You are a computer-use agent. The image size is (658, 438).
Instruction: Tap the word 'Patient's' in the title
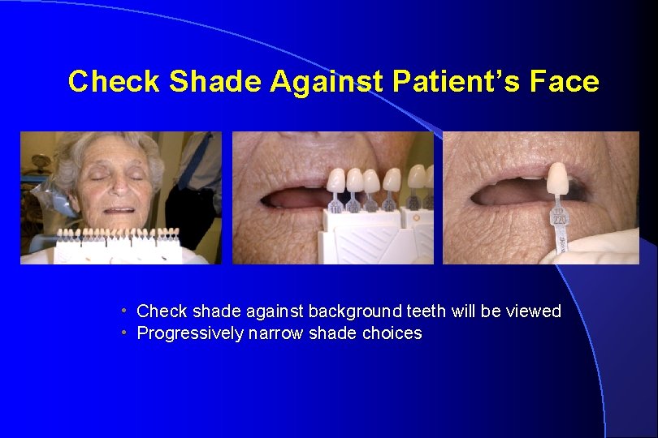455,82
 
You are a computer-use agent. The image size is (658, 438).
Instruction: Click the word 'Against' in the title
327,82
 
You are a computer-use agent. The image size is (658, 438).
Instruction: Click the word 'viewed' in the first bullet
533,311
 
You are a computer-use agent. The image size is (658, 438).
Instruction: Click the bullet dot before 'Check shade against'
123,311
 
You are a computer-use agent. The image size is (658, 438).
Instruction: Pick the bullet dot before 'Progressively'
123,333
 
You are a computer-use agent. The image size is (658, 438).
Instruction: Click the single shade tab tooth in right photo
557,178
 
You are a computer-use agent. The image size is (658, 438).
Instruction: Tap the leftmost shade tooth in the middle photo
336,180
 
